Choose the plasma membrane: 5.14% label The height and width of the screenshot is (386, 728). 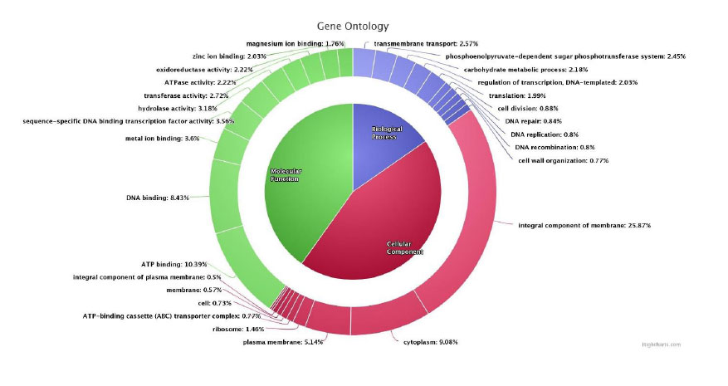click(283, 341)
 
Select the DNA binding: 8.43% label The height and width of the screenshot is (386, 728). click(157, 198)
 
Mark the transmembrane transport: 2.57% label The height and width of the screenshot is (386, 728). click(426, 43)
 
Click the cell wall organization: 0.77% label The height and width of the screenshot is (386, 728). click(563, 160)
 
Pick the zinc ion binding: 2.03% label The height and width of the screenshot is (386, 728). click(218, 56)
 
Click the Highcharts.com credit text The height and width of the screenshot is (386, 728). click(661, 344)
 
